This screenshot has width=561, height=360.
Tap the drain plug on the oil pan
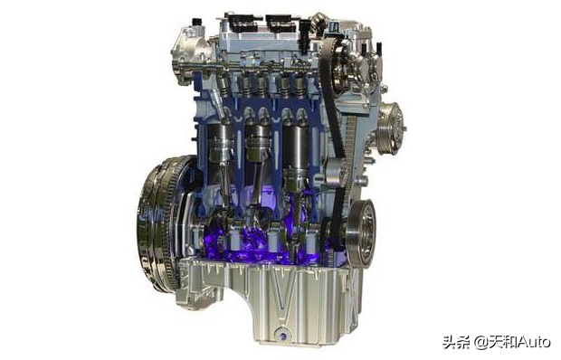(282, 336)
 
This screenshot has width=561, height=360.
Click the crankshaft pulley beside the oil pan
(361, 233)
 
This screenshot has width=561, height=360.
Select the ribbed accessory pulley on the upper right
(391, 128)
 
